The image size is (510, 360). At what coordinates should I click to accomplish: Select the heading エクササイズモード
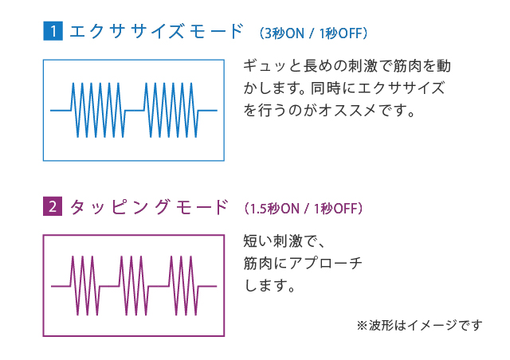155,33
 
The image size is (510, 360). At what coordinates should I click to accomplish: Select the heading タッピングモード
149,208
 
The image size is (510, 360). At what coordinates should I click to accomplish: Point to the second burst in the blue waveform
170,110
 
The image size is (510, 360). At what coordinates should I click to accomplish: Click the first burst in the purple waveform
83,284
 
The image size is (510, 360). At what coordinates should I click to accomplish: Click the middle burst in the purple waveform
131,284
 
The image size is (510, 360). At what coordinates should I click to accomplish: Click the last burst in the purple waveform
181,284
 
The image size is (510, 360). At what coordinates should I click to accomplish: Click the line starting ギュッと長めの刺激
351,65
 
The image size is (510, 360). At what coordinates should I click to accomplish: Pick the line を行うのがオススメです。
330,110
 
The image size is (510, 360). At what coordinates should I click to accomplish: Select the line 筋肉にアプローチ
303,262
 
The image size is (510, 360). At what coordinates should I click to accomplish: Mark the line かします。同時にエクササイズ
343,88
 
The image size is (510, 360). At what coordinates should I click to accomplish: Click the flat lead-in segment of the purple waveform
61,285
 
